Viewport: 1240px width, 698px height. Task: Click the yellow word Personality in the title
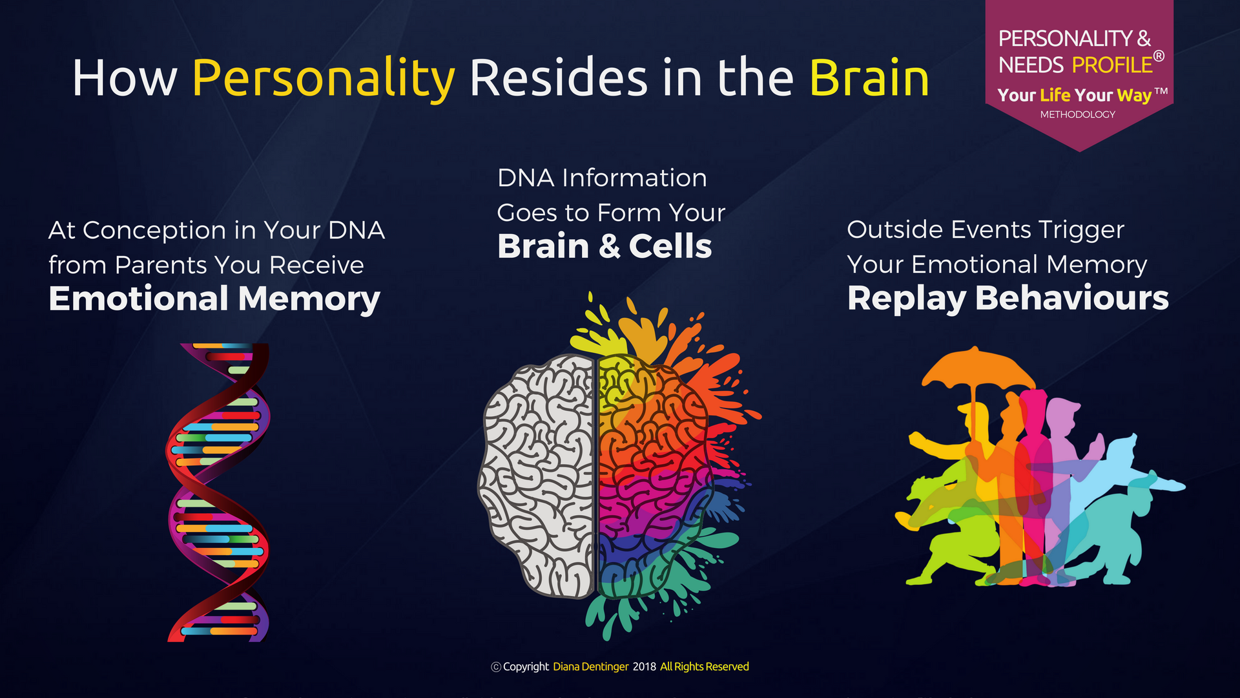click(x=324, y=79)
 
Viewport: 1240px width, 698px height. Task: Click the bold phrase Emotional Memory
click(x=214, y=299)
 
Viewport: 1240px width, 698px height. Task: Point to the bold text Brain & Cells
click(x=604, y=246)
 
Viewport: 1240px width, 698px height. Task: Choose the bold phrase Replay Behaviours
click(x=1008, y=299)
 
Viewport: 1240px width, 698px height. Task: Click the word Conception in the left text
click(x=154, y=230)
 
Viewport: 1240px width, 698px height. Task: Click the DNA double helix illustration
click(x=218, y=492)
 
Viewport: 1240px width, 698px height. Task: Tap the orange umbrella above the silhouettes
click(x=976, y=372)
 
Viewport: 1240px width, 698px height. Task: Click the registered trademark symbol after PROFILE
click(x=1159, y=56)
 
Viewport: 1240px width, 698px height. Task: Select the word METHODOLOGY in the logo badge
click(x=1077, y=114)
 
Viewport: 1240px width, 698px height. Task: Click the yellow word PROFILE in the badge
click(x=1112, y=65)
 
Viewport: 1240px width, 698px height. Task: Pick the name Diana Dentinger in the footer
click(x=590, y=667)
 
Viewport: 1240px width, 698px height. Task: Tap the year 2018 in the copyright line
click(x=644, y=667)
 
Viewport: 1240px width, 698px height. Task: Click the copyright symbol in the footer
click(x=496, y=667)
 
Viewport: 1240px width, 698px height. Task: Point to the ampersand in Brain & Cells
click(x=609, y=247)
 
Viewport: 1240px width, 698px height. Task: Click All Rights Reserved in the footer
click(x=704, y=667)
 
